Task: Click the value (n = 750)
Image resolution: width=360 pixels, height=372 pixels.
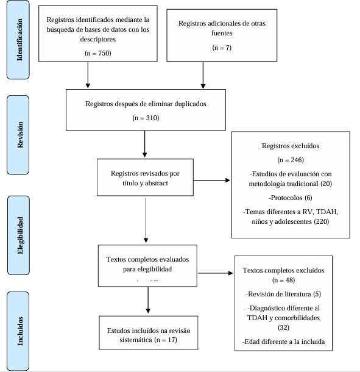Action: click(x=97, y=54)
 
